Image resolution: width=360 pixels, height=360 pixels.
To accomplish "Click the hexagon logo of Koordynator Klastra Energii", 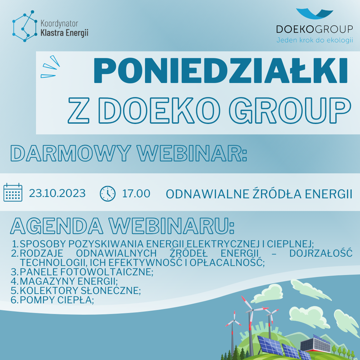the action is [x=25, y=26].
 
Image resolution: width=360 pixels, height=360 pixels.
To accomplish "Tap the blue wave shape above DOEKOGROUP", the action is [x=315, y=14].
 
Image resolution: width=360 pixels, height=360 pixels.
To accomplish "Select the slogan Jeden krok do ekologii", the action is [x=315, y=40].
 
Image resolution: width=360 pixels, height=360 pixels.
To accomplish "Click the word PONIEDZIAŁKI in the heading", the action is [x=220, y=70].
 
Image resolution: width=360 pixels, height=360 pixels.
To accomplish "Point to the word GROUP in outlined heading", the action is [x=290, y=110].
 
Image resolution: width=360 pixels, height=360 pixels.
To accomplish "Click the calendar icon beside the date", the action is [x=13, y=192].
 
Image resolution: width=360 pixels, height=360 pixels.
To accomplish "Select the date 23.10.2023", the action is [x=57, y=193].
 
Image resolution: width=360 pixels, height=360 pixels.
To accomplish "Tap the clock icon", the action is [x=107, y=194].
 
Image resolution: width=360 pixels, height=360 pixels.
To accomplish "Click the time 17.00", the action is [x=136, y=194].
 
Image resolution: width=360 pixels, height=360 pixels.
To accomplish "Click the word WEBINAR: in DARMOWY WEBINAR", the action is [x=192, y=153].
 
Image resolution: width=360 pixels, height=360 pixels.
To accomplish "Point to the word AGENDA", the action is [x=57, y=226].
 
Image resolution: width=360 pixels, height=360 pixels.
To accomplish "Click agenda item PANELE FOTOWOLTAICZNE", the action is [x=86, y=272].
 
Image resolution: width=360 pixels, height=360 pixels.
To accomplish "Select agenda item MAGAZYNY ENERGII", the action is [x=69, y=281].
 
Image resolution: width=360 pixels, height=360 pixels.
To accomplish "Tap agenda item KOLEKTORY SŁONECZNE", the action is [x=80, y=291].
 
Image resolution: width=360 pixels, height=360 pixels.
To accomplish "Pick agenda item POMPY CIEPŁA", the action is [x=57, y=300].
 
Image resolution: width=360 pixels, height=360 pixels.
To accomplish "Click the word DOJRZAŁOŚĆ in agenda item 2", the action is [x=321, y=253].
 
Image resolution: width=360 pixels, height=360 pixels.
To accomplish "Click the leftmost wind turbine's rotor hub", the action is [x=234, y=320].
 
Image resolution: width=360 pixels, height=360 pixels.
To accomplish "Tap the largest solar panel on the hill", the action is [x=270, y=345].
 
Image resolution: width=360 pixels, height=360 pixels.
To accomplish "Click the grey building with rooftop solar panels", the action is [x=316, y=344].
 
